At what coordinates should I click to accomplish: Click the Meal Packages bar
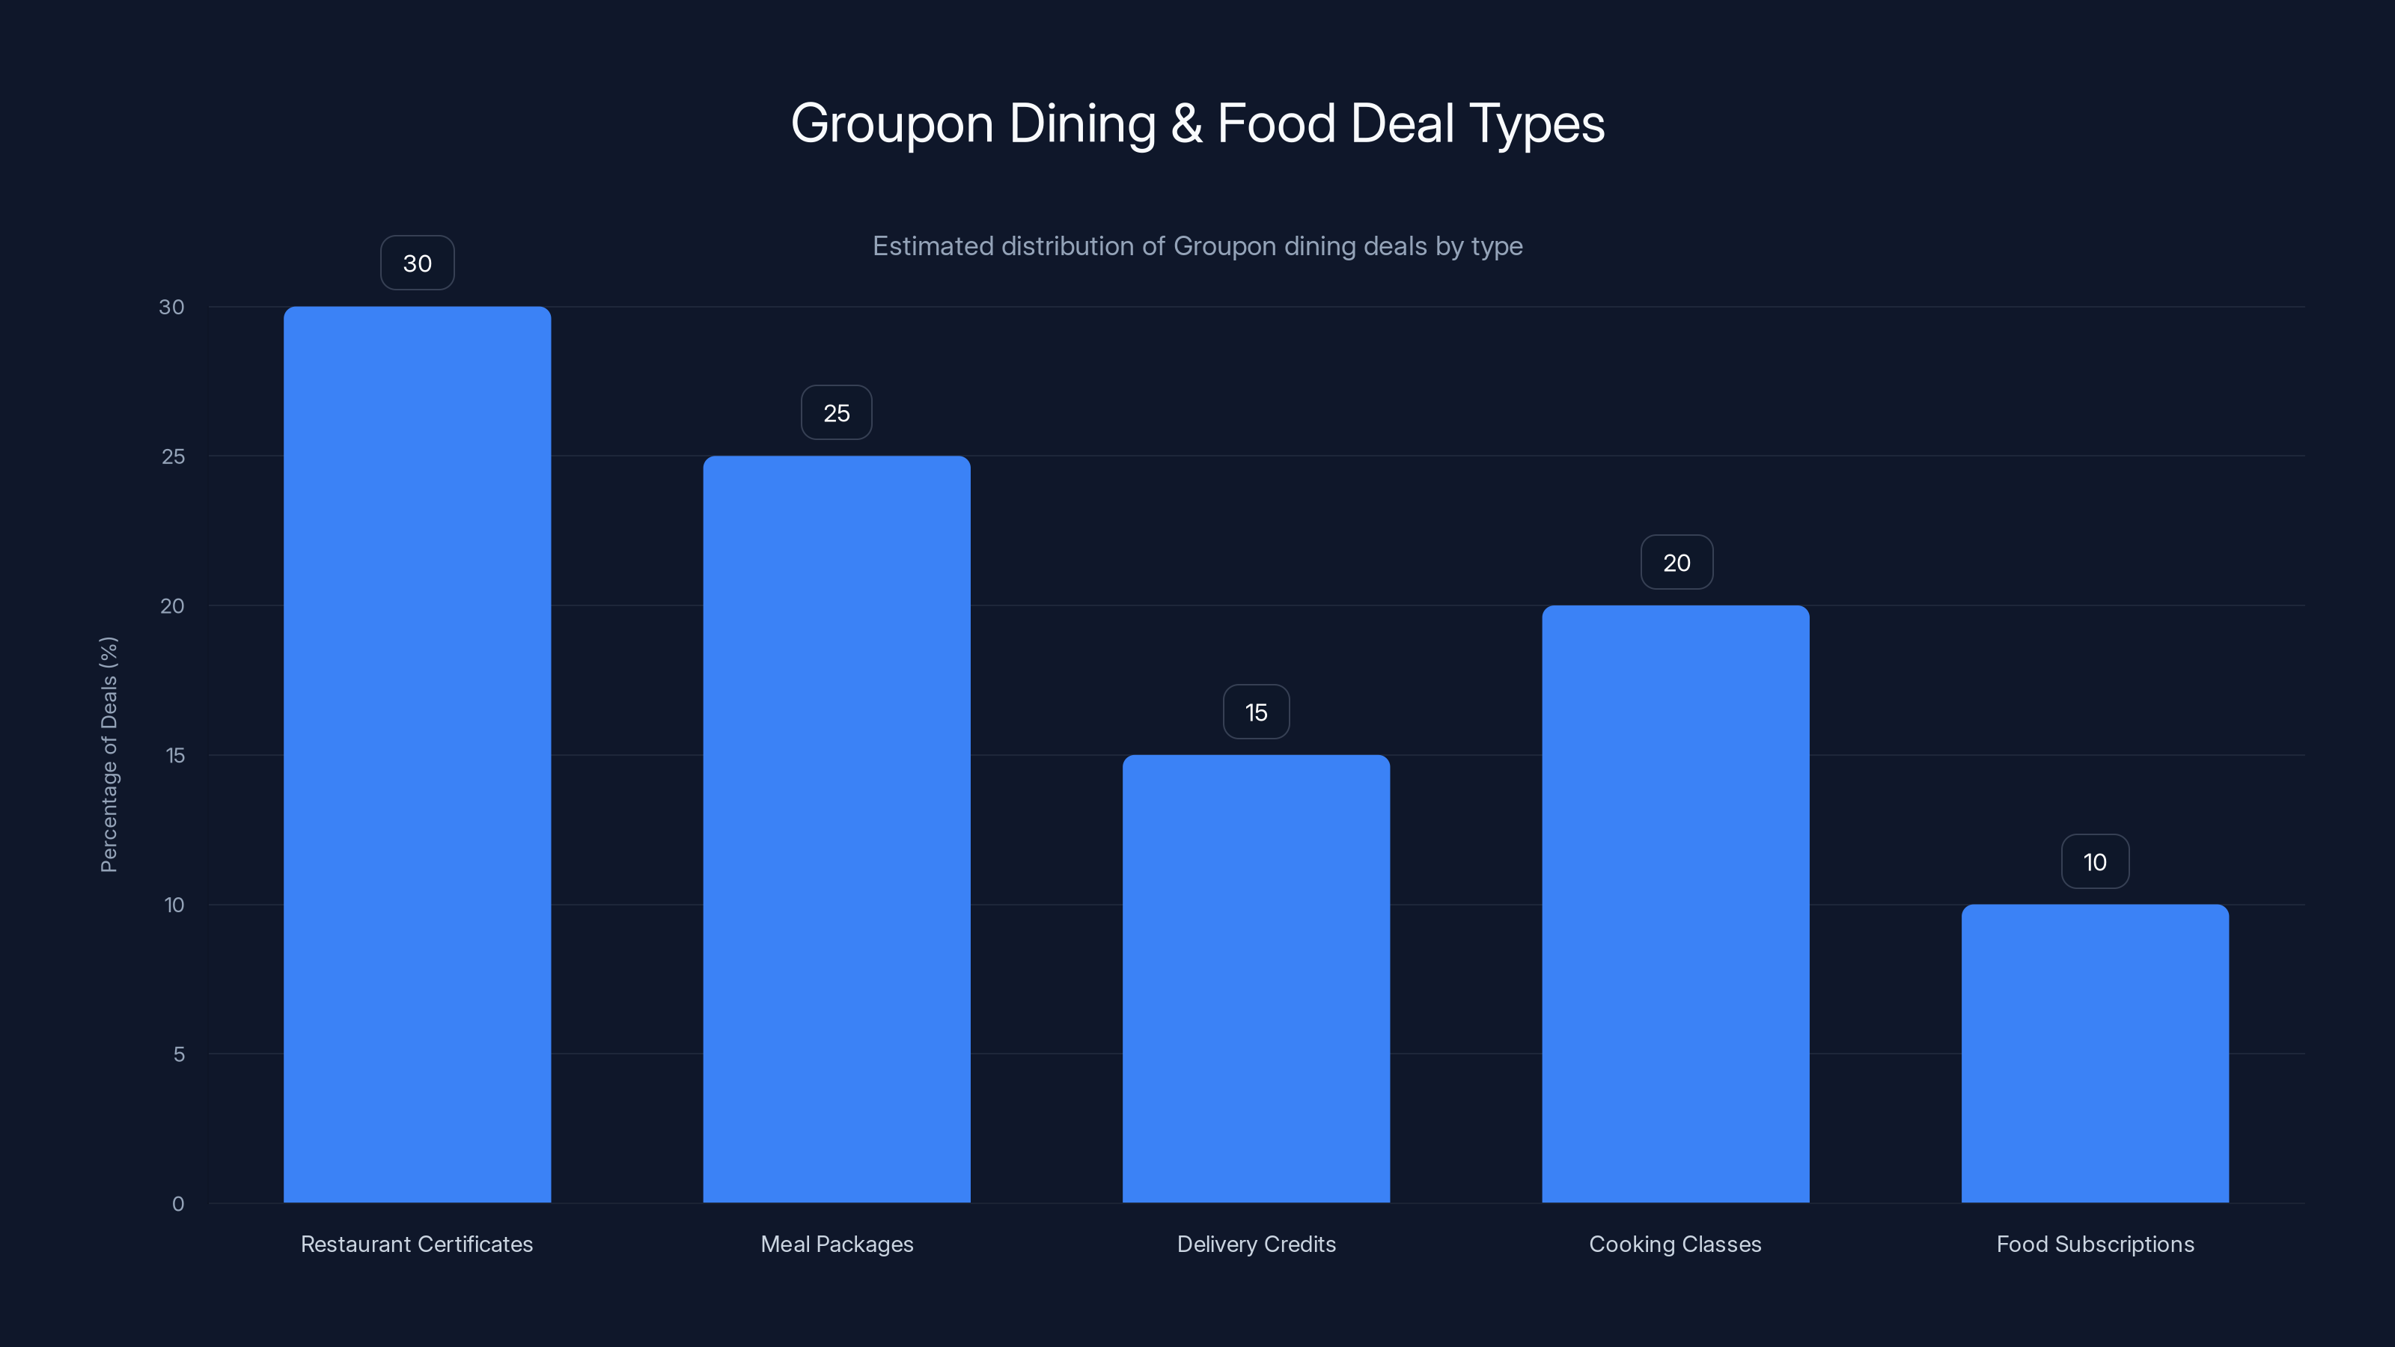pyautogui.click(x=836, y=828)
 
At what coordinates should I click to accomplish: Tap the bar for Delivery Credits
pyautogui.click(x=1256, y=978)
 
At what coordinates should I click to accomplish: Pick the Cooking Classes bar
pyautogui.click(x=1676, y=903)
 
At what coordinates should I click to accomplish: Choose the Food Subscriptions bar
pyautogui.click(x=2095, y=1053)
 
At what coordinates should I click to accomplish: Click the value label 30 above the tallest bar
pyautogui.click(x=418, y=263)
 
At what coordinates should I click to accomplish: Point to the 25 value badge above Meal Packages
pyautogui.click(x=837, y=413)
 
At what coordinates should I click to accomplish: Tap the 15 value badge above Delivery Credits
pyautogui.click(x=1256, y=712)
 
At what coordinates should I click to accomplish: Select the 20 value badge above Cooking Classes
pyautogui.click(x=1676, y=563)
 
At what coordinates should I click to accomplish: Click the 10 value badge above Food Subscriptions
pyautogui.click(x=2095, y=862)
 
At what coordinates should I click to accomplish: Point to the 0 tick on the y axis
pyautogui.click(x=177, y=1204)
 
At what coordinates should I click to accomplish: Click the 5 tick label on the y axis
pyautogui.click(x=179, y=1054)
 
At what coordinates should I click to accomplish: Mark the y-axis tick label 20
pyautogui.click(x=172, y=606)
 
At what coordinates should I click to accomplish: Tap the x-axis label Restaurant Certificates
pyautogui.click(x=417, y=1244)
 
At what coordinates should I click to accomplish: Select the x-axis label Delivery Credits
pyautogui.click(x=1256, y=1244)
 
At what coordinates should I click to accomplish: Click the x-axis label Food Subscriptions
pyautogui.click(x=2095, y=1244)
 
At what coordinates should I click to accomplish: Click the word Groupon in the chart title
pyautogui.click(x=891, y=123)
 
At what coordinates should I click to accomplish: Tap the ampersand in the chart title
pyautogui.click(x=1186, y=123)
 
